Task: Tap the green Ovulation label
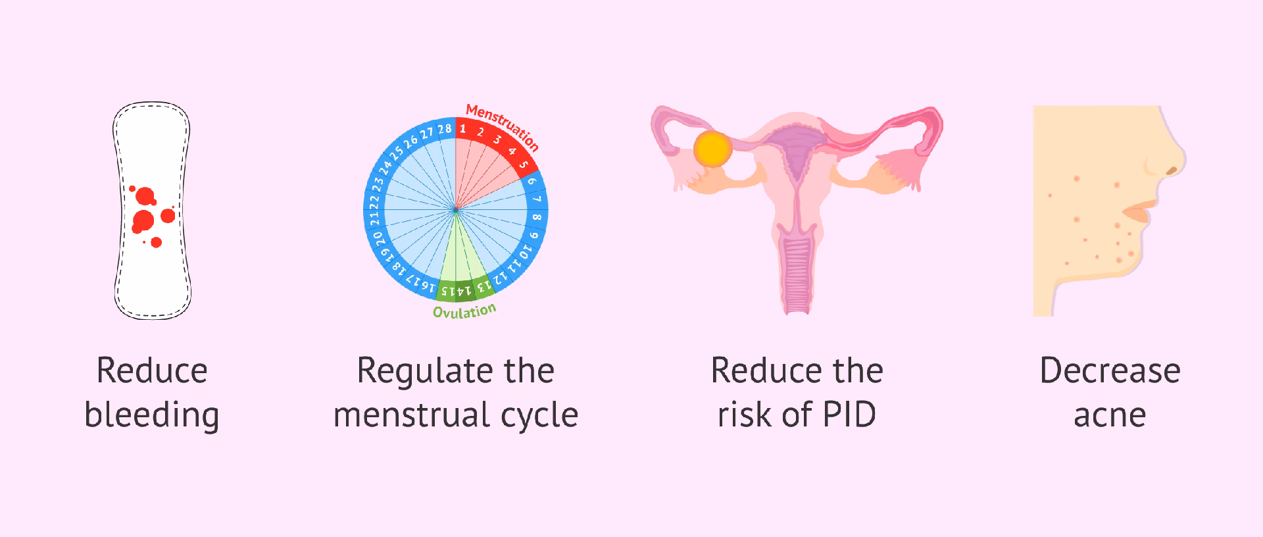click(464, 311)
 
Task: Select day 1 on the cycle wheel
click(462, 129)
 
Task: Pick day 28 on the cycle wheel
click(445, 128)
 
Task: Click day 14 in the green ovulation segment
click(464, 290)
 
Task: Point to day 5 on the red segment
click(524, 165)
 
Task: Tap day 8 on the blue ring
click(537, 217)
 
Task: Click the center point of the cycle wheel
click(455, 209)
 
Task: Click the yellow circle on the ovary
click(713, 147)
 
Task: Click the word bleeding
click(152, 415)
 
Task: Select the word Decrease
click(1110, 371)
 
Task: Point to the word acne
click(1110, 415)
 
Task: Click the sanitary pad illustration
click(152, 211)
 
